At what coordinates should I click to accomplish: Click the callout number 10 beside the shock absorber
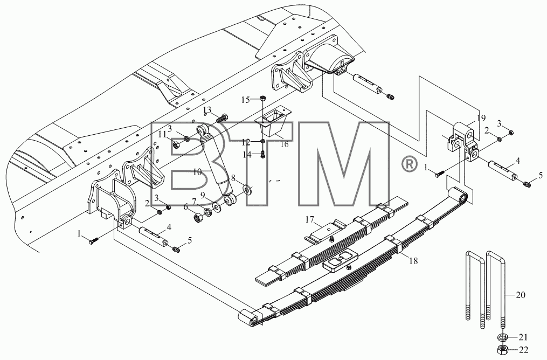click(197, 171)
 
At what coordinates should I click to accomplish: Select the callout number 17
click(310, 219)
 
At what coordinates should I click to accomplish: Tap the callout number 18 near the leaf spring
click(413, 261)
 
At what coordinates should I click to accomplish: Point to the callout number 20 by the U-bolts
click(520, 295)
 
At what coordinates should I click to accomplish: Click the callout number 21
click(523, 337)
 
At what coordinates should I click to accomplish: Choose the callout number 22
click(524, 350)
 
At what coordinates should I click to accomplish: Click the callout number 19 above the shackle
click(481, 118)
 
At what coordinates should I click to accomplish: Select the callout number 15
click(246, 100)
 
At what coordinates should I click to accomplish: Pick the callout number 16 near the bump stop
click(285, 144)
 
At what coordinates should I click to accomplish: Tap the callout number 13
click(207, 109)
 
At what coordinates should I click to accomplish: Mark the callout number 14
click(247, 154)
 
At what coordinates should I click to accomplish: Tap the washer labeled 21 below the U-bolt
click(502, 337)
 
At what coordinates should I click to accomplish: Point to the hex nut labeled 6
click(198, 218)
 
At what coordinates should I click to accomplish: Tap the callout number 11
click(163, 134)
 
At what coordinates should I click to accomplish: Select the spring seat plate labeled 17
click(326, 231)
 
